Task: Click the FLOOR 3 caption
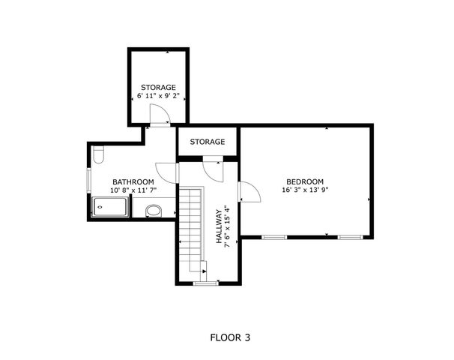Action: (x=230, y=337)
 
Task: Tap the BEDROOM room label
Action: (x=305, y=181)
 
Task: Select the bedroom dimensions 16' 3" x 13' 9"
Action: (x=306, y=190)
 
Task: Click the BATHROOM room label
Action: (x=133, y=182)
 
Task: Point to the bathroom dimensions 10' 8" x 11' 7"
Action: (x=133, y=190)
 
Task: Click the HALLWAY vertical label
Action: (x=220, y=226)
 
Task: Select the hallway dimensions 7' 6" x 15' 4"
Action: (x=228, y=226)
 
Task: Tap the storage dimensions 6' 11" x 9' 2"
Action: (x=158, y=96)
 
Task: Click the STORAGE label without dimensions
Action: (x=208, y=142)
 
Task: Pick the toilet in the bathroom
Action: (x=99, y=154)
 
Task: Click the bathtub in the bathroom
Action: (x=110, y=207)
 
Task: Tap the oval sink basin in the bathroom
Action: (x=154, y=211)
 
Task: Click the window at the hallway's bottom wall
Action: (x=206, y=283)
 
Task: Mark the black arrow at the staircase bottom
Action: (x=205, y=271)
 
